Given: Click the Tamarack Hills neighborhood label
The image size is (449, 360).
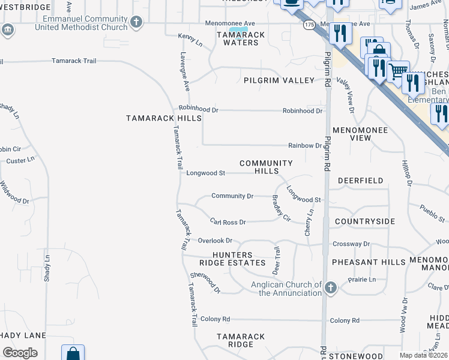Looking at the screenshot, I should (x=164, y=118).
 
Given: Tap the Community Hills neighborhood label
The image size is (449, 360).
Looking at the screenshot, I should (x=266, y=167).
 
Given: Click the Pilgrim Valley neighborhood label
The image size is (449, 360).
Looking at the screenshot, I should (x=279, y=80).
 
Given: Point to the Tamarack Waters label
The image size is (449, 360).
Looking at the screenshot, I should (x=241, y=38).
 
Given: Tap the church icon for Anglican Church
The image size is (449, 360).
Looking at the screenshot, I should (x=330, y=289).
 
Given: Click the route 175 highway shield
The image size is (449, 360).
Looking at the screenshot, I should (x=309, y=25).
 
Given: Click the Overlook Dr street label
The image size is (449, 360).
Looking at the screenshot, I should (x=215, y=241).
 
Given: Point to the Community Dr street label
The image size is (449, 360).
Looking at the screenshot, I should (x=232, y=196).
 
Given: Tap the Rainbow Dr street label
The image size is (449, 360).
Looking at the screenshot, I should (x=305, y=145).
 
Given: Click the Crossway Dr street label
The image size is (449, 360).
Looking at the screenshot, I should (x=351, y=244).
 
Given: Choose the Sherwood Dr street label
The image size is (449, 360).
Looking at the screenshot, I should (x=205, y=283).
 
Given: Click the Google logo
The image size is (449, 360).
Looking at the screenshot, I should (x=20, y=353).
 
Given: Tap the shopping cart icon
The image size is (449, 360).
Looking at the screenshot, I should (x=397, y=71).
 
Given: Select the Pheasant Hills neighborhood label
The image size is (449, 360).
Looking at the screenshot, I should (x=369, y=262).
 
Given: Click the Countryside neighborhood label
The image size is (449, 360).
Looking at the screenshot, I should (x=365, y=221).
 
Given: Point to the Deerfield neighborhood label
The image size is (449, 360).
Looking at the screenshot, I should (x=360, y=180).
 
